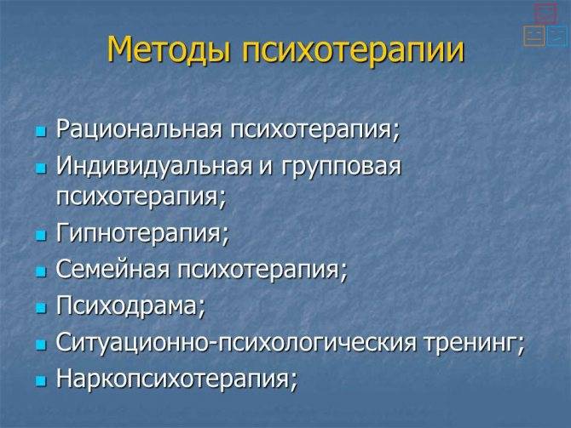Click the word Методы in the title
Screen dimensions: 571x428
(x=170, y=49)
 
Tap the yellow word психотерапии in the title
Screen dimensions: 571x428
(x=353, y=51)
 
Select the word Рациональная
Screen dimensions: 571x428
(x=139, y=128)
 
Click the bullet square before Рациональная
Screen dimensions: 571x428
(x=41, y=131)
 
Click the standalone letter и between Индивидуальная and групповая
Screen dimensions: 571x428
(x=266, y=168)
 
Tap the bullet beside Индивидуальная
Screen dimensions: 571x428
(x=41, y=168)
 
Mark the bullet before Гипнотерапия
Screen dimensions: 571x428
(x=41, y=236)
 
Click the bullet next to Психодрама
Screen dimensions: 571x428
(x=41, y=308)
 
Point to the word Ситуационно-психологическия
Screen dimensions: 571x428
(x=236, y=343)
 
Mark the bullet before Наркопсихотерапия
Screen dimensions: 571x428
(x=41, y=381)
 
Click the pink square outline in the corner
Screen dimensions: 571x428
(x=545, y=14)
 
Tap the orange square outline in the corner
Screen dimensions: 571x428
(x=534, y=36)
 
